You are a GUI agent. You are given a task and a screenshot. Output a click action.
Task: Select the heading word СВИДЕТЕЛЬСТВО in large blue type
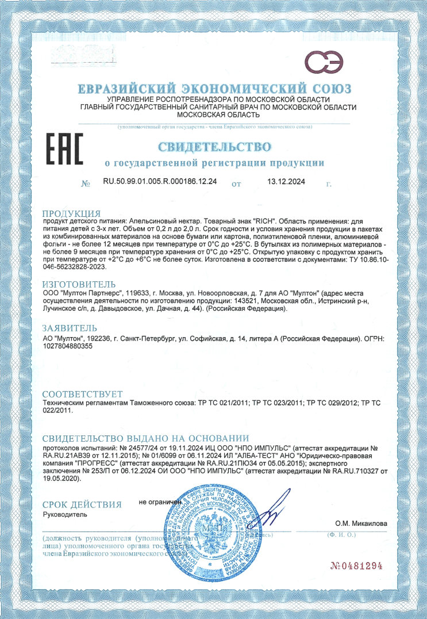point(214,144)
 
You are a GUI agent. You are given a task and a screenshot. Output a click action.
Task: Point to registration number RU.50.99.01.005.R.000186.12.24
point(160,182)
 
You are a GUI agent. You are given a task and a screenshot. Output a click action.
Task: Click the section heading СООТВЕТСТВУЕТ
point(83,394)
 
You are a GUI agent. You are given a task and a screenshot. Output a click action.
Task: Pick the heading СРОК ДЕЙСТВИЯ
point(82,505)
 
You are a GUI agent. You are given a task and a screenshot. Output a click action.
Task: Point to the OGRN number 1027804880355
point(68,346)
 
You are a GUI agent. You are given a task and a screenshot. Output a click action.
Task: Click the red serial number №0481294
point(356,565)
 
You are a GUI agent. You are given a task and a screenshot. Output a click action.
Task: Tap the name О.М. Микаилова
point(361,524)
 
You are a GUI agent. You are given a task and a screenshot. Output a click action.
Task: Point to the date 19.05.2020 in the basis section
point(61,478)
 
